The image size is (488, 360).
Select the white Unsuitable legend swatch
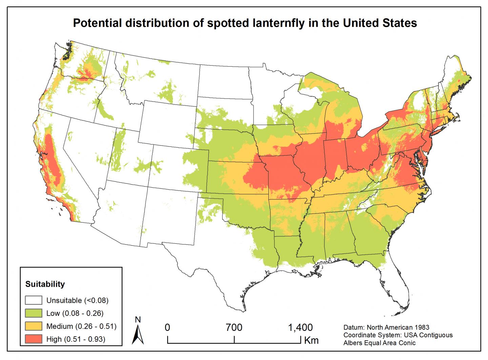pyautogui.click(x=34, y=300)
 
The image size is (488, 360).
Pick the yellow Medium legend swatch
pyautogui.click(x=34, y=326)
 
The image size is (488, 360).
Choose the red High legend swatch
pyautogui.click(x=34, y=339)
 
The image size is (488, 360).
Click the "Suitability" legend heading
pyautogui.click(x=45, y=284)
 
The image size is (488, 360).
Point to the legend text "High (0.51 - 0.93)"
pyautogui.click(x=76, y=339)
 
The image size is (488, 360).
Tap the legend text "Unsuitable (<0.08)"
pyautogui.click(x=78, y=300)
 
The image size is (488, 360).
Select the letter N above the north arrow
pyautogui.click(x=138, y=319)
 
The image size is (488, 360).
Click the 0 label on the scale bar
pyautogui.click(x=167, y=327)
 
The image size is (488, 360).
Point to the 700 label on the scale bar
pyautogui.click(x=234, y=327)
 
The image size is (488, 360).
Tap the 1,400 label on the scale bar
pyautogui.click(x=300, y=327)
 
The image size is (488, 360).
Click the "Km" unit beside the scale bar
pyautogui.click(x=311, y=340)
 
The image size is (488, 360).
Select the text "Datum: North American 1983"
pyautogui.click(x=386, y=327)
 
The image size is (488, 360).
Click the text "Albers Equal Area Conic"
pyautogui.click(x=379, y=343)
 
